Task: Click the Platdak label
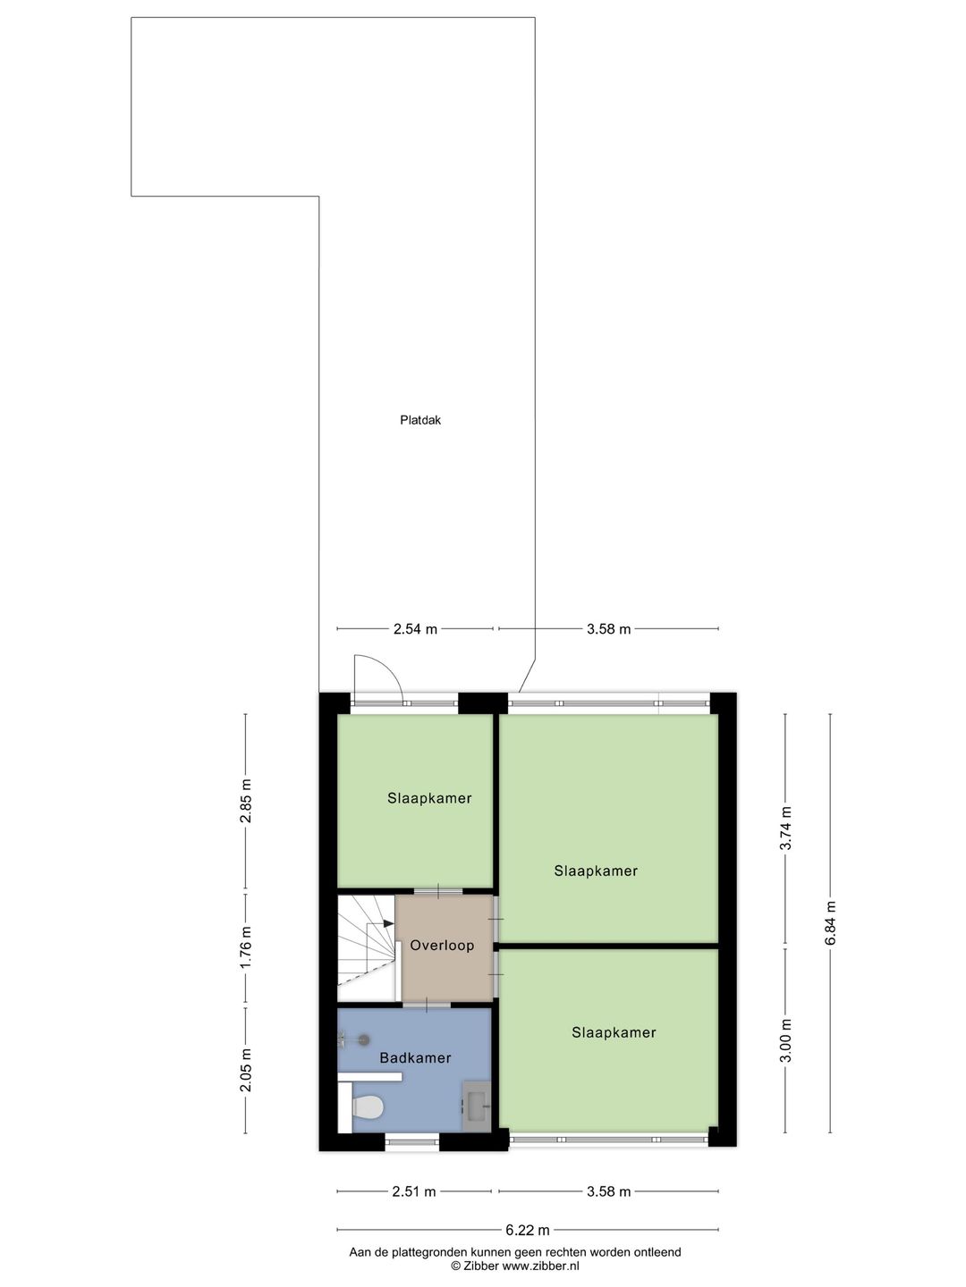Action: [x=420, y=419]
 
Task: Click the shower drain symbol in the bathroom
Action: [x=363, y=1039]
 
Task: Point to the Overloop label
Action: [x=442, y=945]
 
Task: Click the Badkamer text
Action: [x=415, y=1057]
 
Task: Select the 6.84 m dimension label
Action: [x=830, y=923]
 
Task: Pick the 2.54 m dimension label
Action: [x=415, y=629]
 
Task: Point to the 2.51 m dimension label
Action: [x=414, y=1191]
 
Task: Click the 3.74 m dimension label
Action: [x=786, y=829]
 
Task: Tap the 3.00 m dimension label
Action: [x=786, y=1041]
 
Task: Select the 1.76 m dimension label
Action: [x=246, y=949]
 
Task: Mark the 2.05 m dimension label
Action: [x=246, y=1070]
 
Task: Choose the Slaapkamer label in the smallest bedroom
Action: [x=429, y=798]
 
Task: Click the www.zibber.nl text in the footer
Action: [x=540, y=1266]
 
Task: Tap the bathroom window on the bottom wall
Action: [x=412, y=1140]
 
